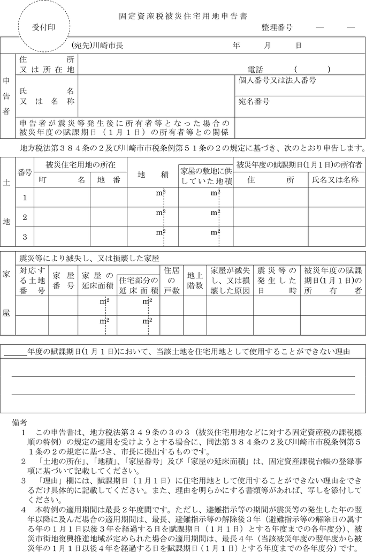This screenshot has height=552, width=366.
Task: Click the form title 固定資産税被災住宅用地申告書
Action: click(182, 17)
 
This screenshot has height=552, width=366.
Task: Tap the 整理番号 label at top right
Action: click(277, 27)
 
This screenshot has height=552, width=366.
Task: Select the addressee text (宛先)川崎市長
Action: click(101, 46)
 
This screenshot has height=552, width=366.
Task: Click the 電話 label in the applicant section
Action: click(256, 69)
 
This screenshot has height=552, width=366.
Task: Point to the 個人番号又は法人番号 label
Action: click(277, 80)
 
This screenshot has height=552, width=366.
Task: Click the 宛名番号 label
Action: click(254, 101)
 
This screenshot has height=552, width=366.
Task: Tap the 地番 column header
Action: click(109, 180)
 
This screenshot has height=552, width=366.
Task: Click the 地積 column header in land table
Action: click(153, 175)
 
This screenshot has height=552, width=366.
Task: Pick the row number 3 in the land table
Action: click(25, 236)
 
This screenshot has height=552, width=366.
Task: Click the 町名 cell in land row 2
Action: click(62, 217)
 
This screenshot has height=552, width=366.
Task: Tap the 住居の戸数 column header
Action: click(171, 280)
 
